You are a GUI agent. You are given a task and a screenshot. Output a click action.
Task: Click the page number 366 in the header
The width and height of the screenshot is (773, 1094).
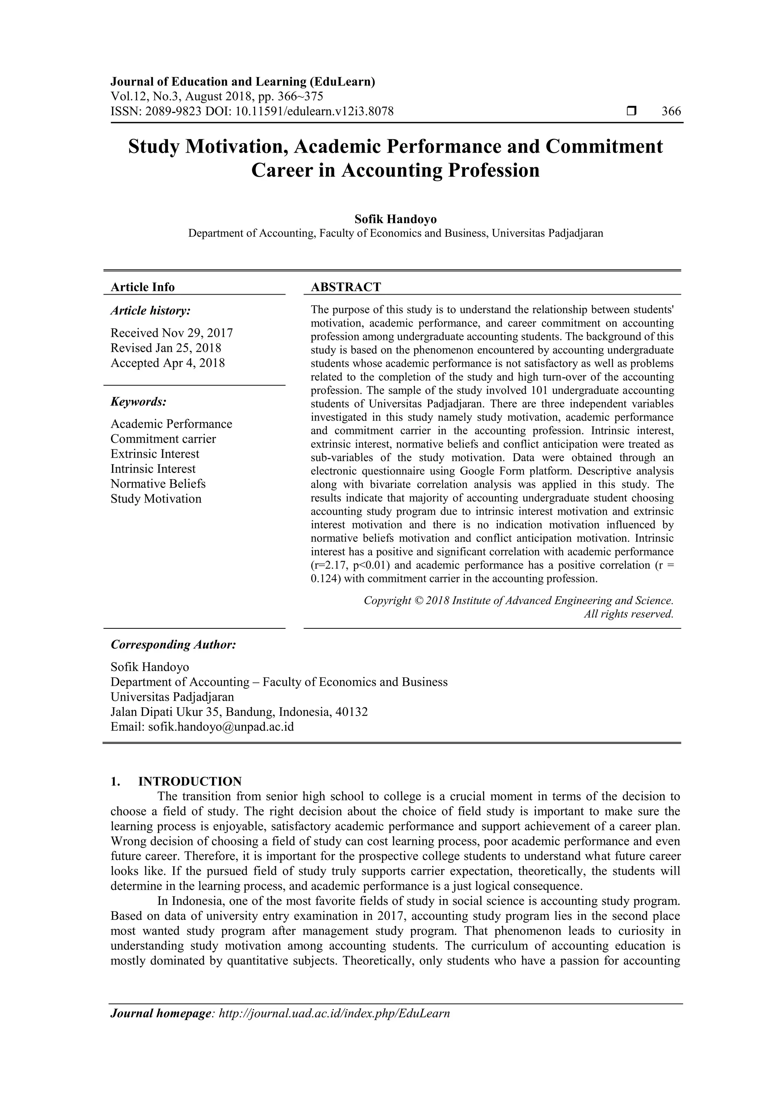(x=671, y=111)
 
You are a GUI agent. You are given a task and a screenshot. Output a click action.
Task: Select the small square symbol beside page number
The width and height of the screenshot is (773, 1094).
(x=631, y=111)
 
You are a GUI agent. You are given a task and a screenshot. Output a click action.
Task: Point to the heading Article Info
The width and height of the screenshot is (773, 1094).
(x=142, y=287)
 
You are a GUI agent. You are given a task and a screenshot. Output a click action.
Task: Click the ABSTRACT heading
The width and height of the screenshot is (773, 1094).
(x=346, y=287)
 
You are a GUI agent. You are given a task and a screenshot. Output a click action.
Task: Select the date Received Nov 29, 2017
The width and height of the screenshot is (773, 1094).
(x=171, y=333)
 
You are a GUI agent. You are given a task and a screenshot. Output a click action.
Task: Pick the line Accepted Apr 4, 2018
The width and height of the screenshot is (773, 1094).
(x=168, y=363)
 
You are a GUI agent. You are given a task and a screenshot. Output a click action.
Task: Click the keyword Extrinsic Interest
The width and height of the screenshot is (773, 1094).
(x=155, y=454)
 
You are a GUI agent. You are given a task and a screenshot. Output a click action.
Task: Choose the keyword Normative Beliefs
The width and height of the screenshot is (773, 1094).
(x=158, y=484)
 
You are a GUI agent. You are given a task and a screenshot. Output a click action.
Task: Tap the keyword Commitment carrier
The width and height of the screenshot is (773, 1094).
(x=163, y=439)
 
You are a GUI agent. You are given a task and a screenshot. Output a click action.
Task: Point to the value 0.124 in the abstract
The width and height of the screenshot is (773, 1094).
(x=324, y=579)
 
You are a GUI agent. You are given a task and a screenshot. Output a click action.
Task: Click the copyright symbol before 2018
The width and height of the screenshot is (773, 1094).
(x=419, y=600)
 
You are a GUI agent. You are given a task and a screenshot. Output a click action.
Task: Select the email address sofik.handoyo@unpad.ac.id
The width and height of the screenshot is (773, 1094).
(x=221, y=727)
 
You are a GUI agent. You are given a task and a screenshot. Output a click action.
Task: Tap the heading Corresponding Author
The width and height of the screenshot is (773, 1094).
(x=173, y=645)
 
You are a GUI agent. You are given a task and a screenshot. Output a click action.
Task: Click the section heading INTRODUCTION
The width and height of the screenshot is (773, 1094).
(x=189, y=781)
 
